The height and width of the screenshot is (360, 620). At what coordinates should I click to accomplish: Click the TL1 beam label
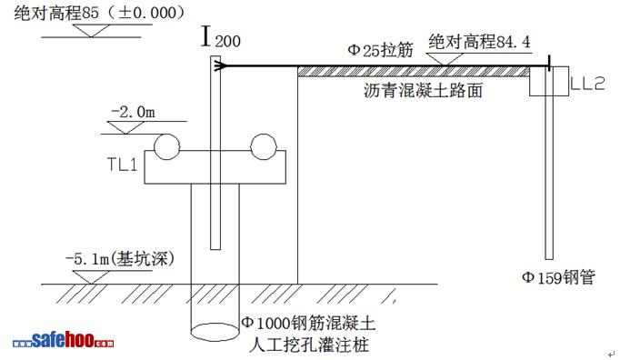[x=123, y=164]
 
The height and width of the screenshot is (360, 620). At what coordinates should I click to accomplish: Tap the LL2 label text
[x=587, y=83]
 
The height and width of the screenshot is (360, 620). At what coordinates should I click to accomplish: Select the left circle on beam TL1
[x=167, y=146]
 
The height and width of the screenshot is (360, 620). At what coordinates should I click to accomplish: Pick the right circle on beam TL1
[x=264, y=146]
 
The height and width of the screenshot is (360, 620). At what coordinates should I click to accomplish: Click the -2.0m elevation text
[x=134, y=112]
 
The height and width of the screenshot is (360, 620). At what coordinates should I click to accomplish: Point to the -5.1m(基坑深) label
[x=120, y=259]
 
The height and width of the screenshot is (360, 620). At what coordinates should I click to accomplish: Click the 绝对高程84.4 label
[x=479, y=42]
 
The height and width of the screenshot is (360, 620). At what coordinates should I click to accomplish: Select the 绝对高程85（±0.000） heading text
[x=100, y=13]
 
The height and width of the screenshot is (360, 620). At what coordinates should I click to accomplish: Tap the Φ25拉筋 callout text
[x=380, y=50]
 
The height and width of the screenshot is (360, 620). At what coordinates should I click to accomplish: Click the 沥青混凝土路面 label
[x=423, y=91]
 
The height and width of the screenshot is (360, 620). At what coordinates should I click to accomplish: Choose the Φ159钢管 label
[x=559, y=277]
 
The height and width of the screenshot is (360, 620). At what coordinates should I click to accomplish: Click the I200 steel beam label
[x=220, y=36]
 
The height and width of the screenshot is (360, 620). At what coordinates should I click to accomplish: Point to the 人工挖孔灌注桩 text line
[x=309, y=345]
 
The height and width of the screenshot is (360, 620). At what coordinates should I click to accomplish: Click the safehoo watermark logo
[x=64, y=341]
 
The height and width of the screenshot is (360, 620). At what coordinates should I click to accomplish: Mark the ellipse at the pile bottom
[x=215, y=333]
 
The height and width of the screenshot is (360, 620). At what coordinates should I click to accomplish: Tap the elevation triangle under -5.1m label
[x=91, y=277]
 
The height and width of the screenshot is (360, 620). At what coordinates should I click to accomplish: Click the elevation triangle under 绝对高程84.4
[x=446, y=59]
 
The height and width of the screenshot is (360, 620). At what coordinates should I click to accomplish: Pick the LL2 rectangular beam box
[x=549, y=81]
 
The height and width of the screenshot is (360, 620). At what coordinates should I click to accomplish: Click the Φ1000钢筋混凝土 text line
[x=308, y=324]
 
